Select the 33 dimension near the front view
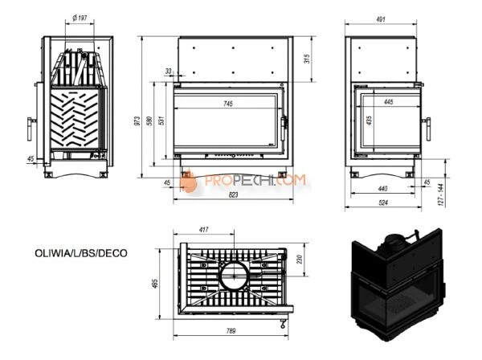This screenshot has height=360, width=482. pos(168,72)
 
